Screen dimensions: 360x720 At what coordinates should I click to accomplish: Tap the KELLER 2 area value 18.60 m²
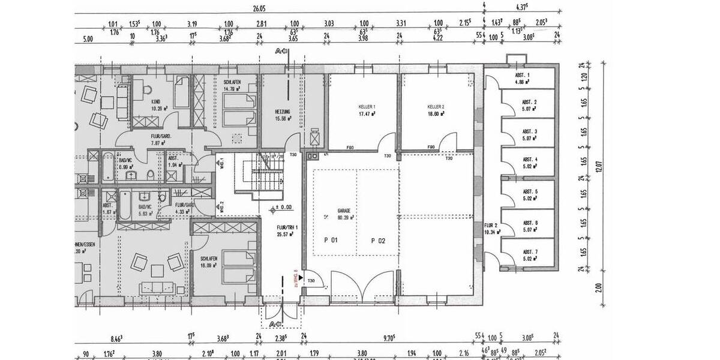pyautogui.click(x=436, y=113)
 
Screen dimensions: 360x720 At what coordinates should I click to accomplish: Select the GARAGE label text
pyautogui.click(x=344, y=211)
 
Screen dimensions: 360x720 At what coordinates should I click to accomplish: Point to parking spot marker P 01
pyautogui.click(x=331, y=241)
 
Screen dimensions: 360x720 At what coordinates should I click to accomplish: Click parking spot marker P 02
pyautogui.click(x=377, y=241)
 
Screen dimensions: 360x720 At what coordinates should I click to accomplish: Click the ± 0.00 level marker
pyautogui.click(x=281, y=208)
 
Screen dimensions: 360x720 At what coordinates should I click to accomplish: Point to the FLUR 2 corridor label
pyautogui.click(x=492, y=226)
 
